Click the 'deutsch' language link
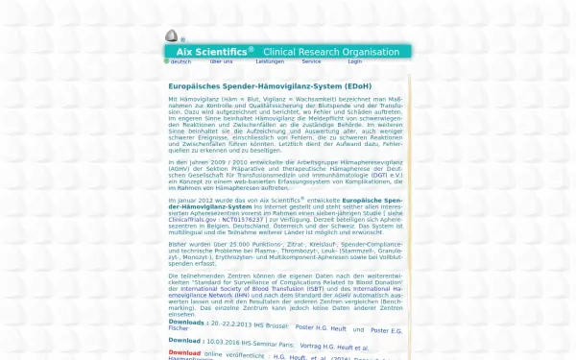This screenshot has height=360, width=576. click(x=181, y=61)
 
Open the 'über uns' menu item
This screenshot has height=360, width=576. click(x=221, y=61)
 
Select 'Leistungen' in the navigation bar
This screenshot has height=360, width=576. click(x=270, y=61)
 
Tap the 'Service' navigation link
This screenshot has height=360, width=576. click(x=311, y=61)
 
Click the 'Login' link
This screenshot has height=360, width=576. click(x=355, y=61)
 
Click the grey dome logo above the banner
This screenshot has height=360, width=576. click(x=171, y=36)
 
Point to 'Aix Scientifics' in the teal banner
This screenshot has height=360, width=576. click(x=208, y=51)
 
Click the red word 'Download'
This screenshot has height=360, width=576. click(x=185, y=352)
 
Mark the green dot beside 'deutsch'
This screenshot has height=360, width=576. click(x=166, y=61)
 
